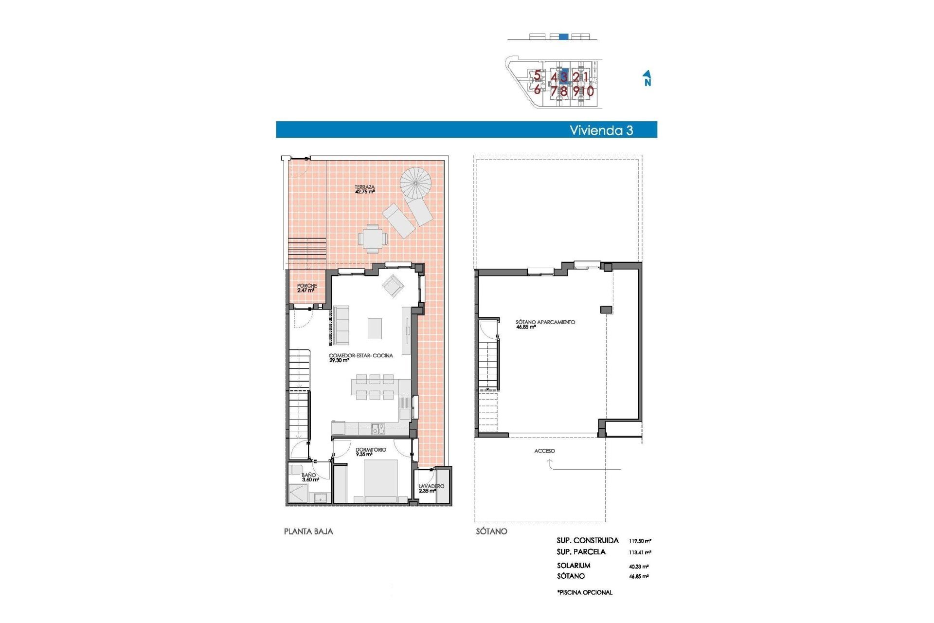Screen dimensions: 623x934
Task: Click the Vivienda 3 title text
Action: (x=601, y=130)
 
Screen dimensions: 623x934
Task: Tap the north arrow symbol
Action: (x=647, y=78)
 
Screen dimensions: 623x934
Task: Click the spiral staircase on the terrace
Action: (x=416, y=183)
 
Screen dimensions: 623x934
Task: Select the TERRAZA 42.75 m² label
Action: (x=364, y=189)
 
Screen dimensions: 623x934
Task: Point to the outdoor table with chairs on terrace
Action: (x=373, y=238)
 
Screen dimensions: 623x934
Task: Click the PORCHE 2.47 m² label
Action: (x=306, y=288)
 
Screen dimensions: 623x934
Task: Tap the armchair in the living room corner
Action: (x=393, y=286)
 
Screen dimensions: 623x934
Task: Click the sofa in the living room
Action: (x=341, y=325)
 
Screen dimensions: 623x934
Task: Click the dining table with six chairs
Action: (x=375, y=387)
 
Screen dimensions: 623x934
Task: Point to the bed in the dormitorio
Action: (x=381, y=481)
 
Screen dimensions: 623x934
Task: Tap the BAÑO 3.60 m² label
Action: (x=309, y=477)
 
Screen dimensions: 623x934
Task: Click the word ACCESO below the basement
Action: (x=544, y=451)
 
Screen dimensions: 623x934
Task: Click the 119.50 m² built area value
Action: (x=640, y=541)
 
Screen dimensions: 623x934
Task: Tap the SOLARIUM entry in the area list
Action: (x=574, y=566)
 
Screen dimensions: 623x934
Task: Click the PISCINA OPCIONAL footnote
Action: (x=585, y=592)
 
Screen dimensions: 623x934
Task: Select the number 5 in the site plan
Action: (x=537, y=75)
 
